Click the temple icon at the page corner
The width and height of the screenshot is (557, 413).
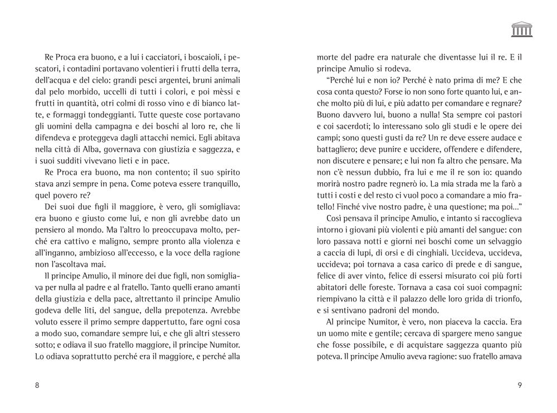pyautogui.click(x=522, y=30)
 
